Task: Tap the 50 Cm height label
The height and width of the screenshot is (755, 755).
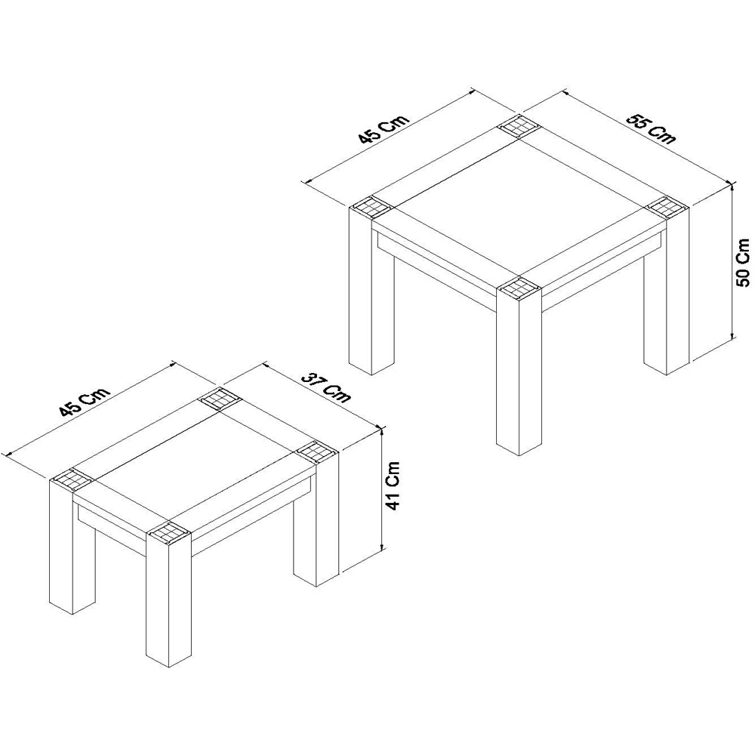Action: coord(743,263)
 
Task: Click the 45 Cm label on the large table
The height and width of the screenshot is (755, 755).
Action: coord(384,129)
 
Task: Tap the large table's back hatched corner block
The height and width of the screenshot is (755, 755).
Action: coord(517,126)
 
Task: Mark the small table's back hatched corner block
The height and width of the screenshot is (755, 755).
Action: coord(219,398)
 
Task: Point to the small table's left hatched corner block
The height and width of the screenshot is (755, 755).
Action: coord(72,479)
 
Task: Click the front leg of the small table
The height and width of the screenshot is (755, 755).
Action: coord(167,604)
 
